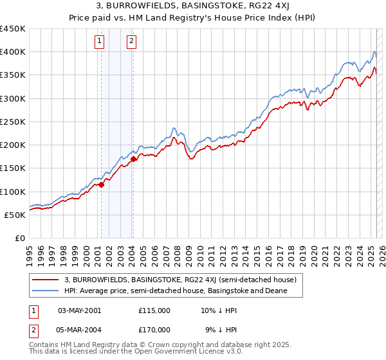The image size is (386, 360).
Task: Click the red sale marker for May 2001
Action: (x=101, y=184)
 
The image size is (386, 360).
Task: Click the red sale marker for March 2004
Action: (x=133, y=159)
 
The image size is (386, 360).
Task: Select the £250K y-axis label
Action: (x=13, y=122)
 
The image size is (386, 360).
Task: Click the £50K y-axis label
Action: (x=15, y=215)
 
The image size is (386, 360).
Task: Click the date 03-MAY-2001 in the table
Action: (x=79, y=310)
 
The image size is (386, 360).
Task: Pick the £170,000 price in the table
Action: (x=154, y=329)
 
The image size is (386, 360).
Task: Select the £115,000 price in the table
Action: (x=154, y=310)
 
